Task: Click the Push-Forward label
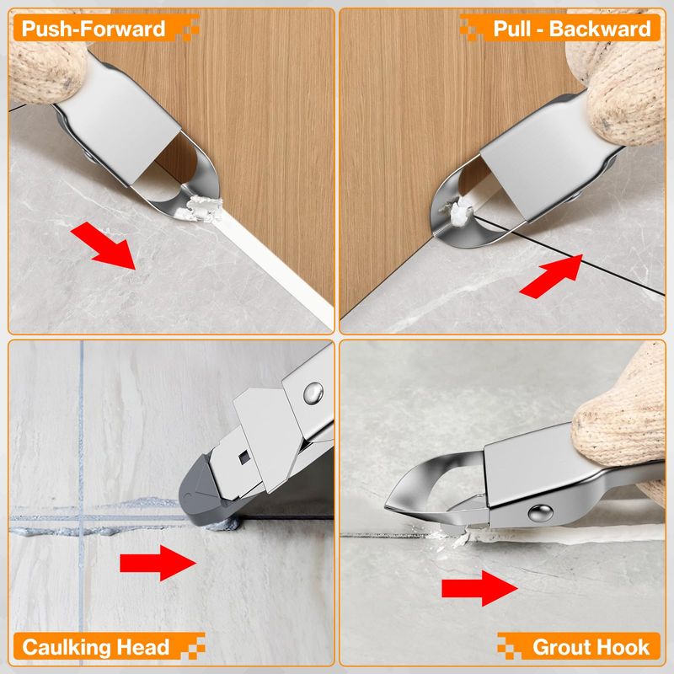(94, 29)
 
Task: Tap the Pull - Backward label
(572, 29)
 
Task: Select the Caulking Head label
(95, 647)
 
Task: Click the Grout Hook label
(591, 647)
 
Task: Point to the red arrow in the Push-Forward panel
(104, 245)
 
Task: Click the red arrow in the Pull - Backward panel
(552, 276)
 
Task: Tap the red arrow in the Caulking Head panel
(158, 563)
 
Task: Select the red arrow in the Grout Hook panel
(479, 588)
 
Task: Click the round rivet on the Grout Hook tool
(540, 513)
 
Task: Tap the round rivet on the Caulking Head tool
(313, 393)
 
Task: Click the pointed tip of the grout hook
(386, 506)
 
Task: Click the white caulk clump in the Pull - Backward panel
(457, 211)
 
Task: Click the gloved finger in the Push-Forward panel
(46, 66)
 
